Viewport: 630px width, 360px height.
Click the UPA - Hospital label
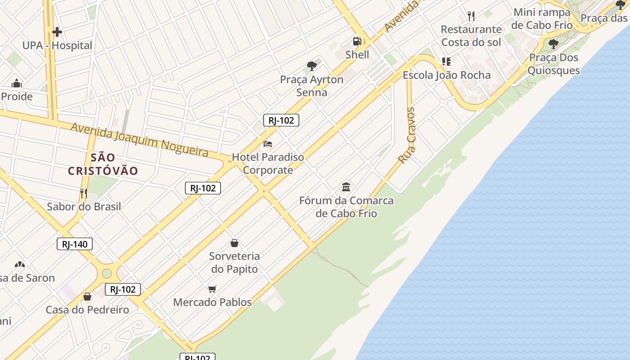(57, 45)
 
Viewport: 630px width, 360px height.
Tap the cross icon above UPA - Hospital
(57, 32)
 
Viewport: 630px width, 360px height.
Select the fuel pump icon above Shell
(357, 41)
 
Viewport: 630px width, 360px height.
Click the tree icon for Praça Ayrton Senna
(311, 66)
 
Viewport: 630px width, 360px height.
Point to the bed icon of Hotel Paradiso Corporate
(268, 144)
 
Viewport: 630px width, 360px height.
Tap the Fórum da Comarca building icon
(346, 187)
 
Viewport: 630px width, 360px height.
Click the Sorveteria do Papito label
(234, 262)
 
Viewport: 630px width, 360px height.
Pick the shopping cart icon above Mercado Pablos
(212, 289)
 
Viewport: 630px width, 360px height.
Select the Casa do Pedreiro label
(87, 310)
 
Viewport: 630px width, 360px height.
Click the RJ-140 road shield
(75, 244)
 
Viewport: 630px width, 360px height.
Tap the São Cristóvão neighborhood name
(103, 164)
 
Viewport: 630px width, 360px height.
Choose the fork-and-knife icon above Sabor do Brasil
(84, 193)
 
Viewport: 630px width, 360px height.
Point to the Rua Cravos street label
(407, 135)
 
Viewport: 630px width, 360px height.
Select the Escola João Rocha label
(446, 75)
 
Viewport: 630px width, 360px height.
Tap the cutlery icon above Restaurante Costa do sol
(471, 16)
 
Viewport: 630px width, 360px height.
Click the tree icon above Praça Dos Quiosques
(553, 44)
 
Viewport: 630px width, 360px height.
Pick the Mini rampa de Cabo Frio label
(542, 18)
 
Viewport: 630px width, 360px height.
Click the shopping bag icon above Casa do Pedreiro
(87, 297)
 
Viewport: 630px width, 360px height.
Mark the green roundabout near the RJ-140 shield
(107, 273)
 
